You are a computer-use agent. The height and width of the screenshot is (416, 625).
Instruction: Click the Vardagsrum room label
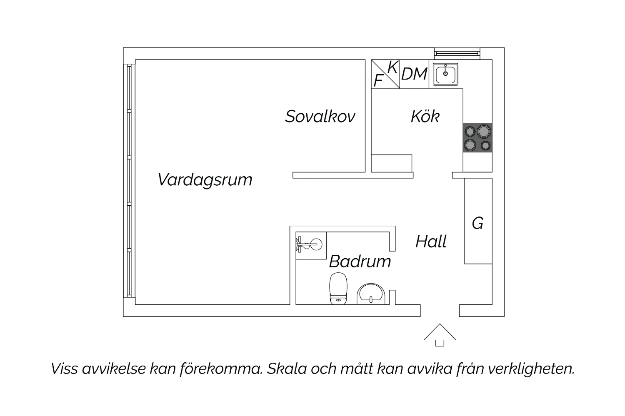(x=205, y=180)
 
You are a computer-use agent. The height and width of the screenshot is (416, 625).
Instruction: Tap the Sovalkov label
(x=320, y=116)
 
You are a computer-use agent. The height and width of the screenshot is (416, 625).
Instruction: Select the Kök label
(x=425, y=116)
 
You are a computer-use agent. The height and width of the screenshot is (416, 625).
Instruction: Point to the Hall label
(x=431, y=241)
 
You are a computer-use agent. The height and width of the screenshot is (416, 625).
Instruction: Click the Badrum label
(x=360, y=262)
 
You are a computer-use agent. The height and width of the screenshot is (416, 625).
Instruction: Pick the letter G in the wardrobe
(x=477, y=223)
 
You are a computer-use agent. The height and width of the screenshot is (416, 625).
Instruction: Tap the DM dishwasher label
(x=414, y=74)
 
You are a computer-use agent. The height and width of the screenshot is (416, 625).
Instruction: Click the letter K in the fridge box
(x=392, y=67)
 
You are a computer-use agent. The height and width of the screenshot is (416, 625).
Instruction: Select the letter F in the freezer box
(x=378, y=81)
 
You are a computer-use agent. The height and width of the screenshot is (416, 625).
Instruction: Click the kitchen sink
(x=445, y=74)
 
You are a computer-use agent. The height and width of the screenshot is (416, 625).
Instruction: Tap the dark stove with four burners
(x=477, y=138)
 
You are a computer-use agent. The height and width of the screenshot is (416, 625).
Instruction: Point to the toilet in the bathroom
(x=338, y=289)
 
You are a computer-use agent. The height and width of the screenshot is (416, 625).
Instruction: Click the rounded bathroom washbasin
(x=371, y=294)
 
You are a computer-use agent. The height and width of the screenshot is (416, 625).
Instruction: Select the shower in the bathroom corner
(x=311, y=245)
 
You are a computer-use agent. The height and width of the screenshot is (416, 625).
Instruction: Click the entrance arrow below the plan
(x=440, y=335)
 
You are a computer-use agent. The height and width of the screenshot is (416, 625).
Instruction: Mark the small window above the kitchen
(x=457, y=54)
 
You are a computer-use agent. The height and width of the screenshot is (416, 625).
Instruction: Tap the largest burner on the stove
(x=483, y=131)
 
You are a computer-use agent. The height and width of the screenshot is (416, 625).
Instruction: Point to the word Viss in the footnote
(x=64, y=369)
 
